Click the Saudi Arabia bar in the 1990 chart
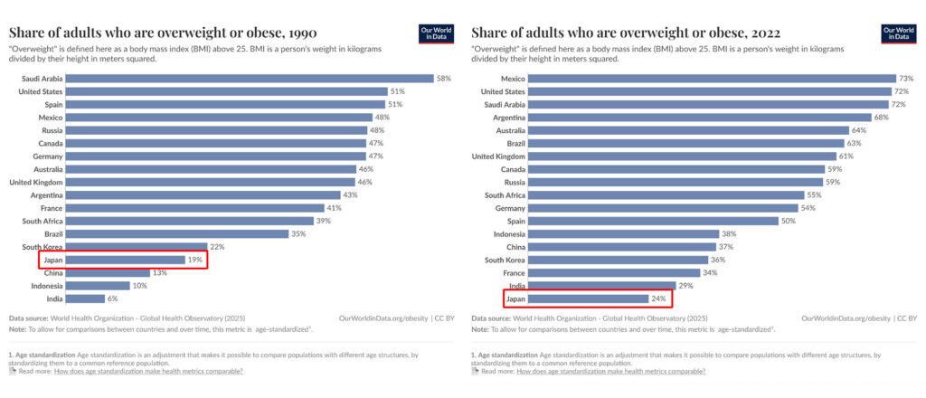[x=250, y=79]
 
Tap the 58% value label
[x=444, y=79]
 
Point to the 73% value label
[x=906, y=79]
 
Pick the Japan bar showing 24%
[x=588, y=298]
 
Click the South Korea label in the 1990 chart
[x=41, y=247]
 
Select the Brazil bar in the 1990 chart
[x=175, y=233]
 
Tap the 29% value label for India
[x=686, y=286]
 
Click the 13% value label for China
[x=159, y=272]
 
